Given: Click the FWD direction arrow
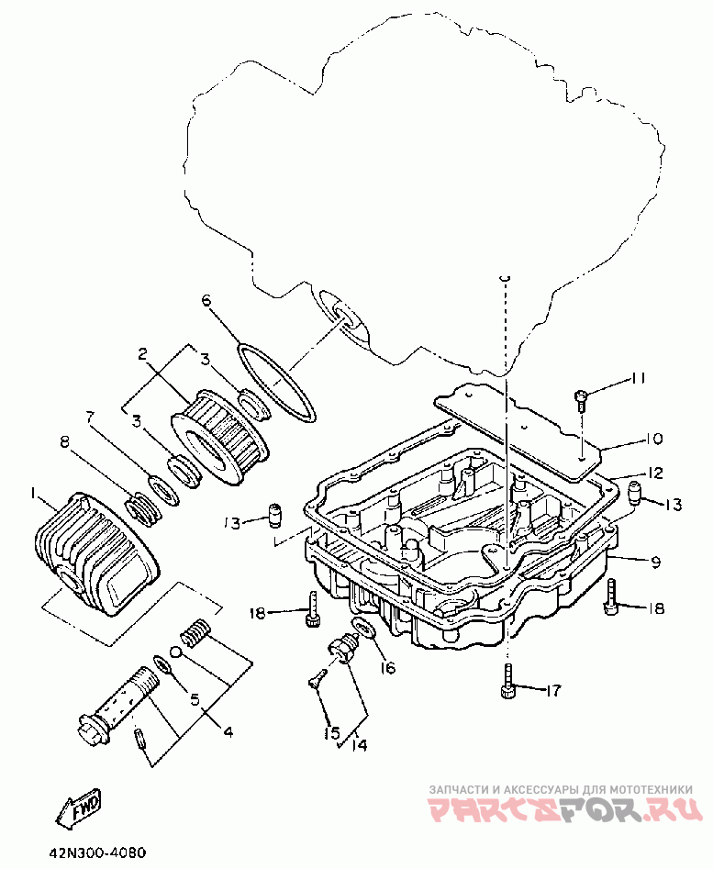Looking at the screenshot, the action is click(78, 807).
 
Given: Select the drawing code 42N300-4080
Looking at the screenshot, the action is click(97, 852).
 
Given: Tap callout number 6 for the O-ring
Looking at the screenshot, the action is click(206, 300).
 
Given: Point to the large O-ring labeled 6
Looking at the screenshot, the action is click(276, 383).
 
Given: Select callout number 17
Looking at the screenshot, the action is click(553, 690).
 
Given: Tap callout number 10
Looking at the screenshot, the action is click(653, 439).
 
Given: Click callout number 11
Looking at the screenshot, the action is click(637, 378).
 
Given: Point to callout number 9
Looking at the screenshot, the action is click(655, 562).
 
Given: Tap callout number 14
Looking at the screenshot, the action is click(359, 745).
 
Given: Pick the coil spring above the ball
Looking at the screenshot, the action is click(195, 633).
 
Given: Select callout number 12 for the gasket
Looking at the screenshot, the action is click(654, 473).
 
